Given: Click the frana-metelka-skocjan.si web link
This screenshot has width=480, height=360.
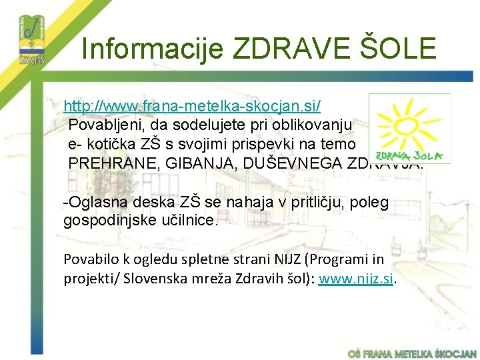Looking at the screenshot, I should click(x=192, y=106).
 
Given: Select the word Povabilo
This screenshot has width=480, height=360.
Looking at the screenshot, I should click(x=89, y=259).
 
